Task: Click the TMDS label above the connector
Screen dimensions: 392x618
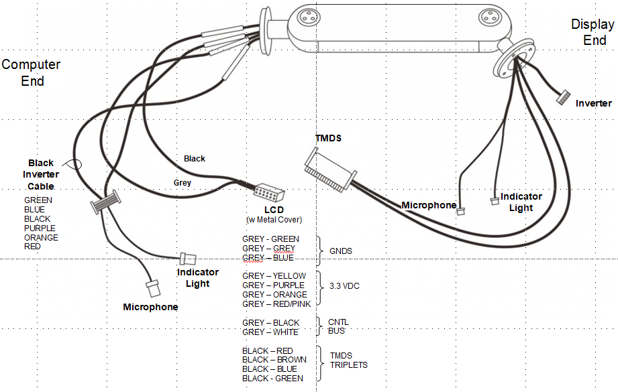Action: [329, 138]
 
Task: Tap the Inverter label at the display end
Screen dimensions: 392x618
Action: [593, 103]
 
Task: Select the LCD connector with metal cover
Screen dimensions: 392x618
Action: [269, 194]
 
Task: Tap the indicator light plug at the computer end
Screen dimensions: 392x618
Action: [188, 258]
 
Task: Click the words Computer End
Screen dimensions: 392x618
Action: [32, 72]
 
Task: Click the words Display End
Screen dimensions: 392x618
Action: [593, 32]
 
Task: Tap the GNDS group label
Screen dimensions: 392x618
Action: [341, 251]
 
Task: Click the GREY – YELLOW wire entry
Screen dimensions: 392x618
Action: [274, 276]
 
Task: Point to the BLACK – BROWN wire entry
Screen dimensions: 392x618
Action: [274, 360]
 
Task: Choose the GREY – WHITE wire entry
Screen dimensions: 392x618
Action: [270, 332]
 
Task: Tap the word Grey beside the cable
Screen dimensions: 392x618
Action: [182, 182]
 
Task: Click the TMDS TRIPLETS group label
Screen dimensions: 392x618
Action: [348, 361]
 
